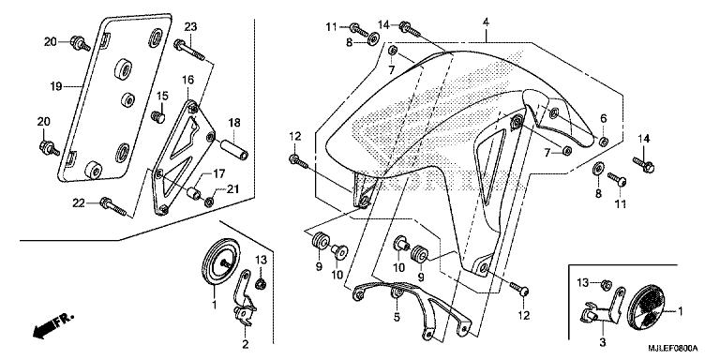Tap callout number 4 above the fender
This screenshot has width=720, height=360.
click(x=487, y=22)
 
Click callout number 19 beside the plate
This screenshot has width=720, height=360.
click(x=55, y=86)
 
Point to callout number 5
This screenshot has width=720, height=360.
click(x=397, y=318)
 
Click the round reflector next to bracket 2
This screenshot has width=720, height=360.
click(x=221, y=262)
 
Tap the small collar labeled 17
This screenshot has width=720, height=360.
click(x=196, y=194)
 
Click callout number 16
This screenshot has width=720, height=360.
click(x=187, y=81)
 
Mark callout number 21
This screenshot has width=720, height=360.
click(x=233, y=190)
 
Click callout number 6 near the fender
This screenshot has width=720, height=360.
click(x=604, y=118)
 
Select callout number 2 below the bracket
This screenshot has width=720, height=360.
click(x=245, y=345)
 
